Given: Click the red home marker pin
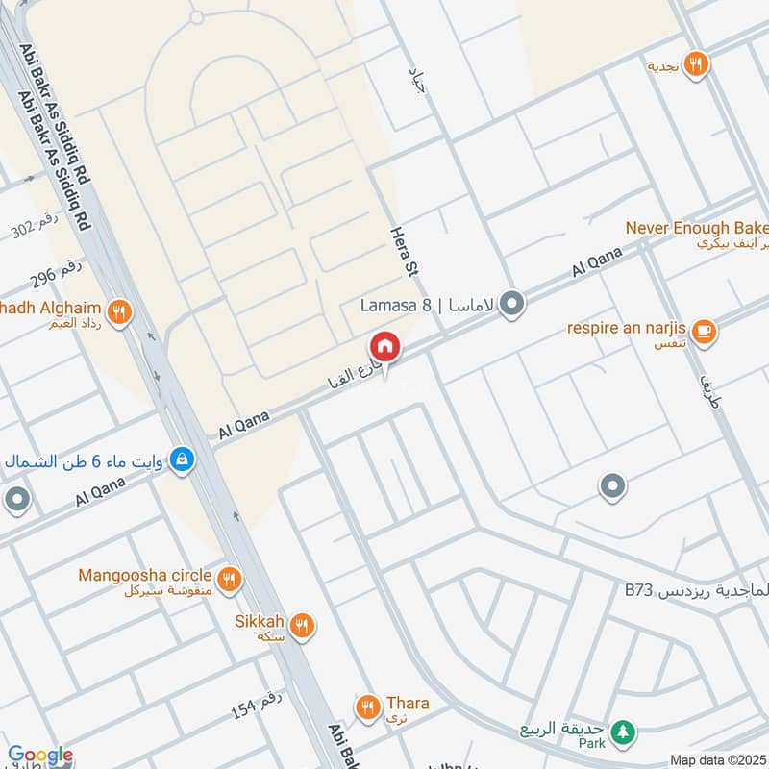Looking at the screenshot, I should coord(384,346).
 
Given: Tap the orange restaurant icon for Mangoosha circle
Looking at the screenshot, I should coord(229,579).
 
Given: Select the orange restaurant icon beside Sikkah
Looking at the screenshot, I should coord(302,626).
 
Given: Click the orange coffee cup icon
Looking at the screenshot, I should coord(705,330).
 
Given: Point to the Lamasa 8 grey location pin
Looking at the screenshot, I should coord(513,306).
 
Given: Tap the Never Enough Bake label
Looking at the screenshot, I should coord(697,228).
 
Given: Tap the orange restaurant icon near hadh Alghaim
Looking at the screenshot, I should coord(119,310).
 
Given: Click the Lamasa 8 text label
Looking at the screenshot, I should coord(395,306).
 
